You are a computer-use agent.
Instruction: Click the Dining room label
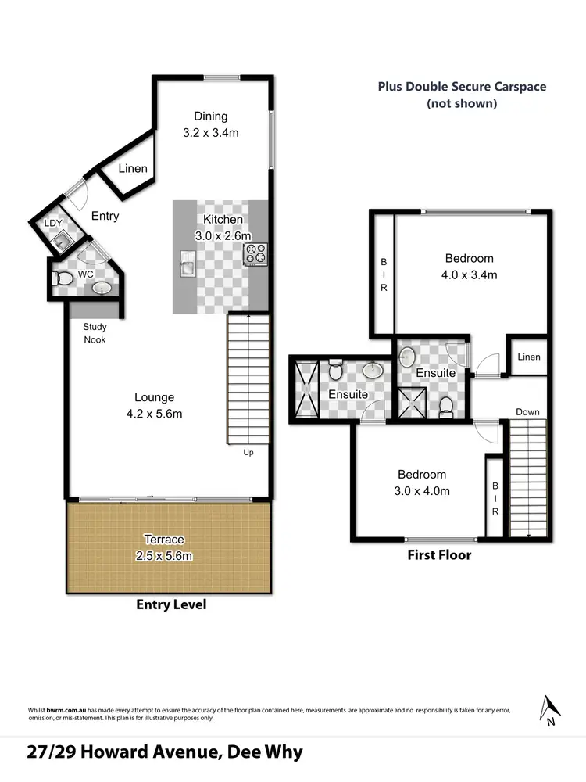tap(211, 117)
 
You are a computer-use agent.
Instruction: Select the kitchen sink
tap(188, 266)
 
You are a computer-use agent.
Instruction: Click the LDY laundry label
tap(52, 224)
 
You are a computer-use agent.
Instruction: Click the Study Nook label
tap(95, 333)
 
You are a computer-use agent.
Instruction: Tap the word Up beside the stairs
tap(248, 452)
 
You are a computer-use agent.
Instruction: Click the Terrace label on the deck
tap(164, 540)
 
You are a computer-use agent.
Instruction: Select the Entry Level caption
tap(171, 604)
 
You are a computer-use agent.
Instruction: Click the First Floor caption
tap(440, 555)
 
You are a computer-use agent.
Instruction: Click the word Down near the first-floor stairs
tap(527, 412)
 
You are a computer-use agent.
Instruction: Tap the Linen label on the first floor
tap(529, 357)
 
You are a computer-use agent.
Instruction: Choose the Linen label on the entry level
tap(133, 169)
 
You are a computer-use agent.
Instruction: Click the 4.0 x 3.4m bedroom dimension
tap(470, 274)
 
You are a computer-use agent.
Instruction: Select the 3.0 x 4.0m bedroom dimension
tap(422, 491)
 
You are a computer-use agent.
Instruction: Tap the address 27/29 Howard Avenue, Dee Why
tap(165, 753)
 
